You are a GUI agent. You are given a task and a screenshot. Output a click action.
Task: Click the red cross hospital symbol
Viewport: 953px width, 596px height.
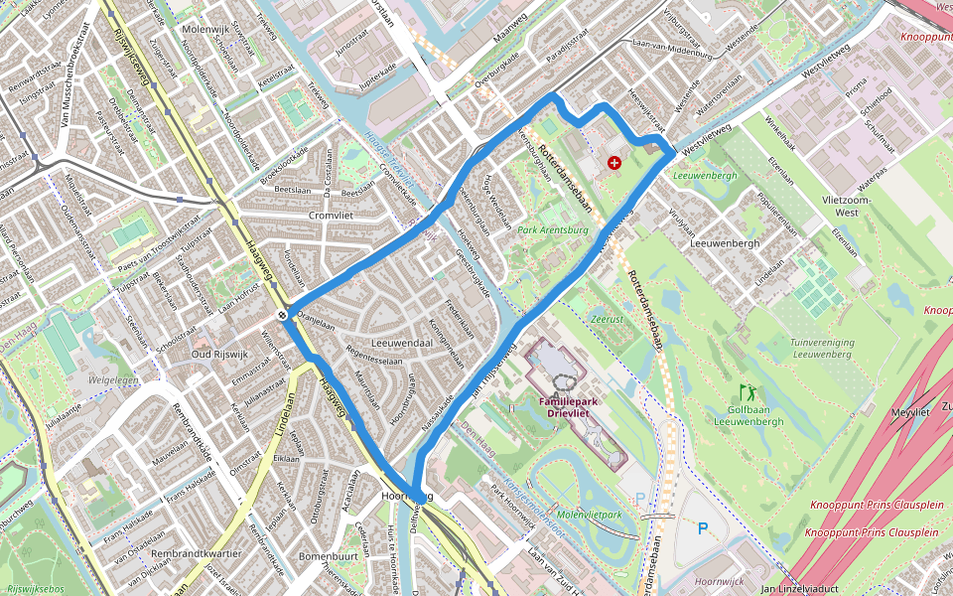[614, 162]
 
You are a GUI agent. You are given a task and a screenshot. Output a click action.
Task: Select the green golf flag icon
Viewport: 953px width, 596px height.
[746, 391]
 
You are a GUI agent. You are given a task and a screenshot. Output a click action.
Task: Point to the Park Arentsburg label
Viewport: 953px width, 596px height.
[553, 229]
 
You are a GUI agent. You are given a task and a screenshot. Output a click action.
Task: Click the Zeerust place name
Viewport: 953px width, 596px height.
[607, 321]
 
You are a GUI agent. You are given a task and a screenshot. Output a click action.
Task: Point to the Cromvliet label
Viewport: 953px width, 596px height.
[331, 215]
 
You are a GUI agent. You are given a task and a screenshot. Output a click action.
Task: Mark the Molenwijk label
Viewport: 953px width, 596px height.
[207, 30]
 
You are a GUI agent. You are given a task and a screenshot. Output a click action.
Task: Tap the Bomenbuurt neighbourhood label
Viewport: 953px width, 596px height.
[327, 556]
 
